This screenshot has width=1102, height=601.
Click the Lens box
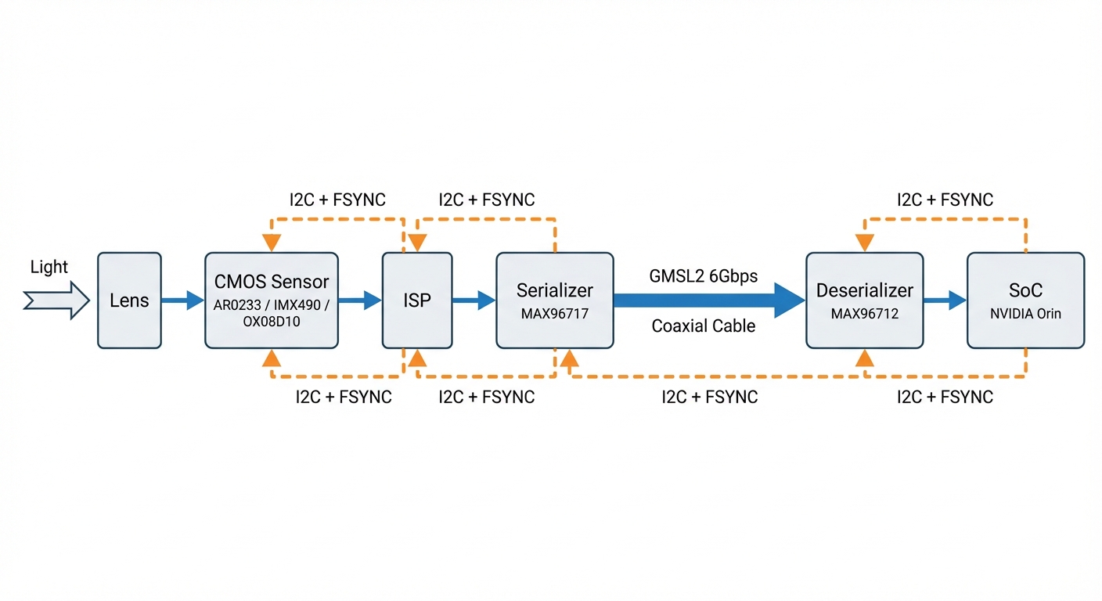point(129,300)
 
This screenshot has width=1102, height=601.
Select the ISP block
point(416,300)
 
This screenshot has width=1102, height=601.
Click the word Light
point(49,267)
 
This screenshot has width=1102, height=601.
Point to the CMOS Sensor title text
point(272,282)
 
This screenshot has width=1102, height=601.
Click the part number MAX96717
point(554,314)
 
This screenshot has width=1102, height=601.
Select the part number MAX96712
point(864,314)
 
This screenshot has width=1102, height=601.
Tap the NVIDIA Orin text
point(1025,314)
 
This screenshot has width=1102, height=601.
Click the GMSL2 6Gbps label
point(703,276)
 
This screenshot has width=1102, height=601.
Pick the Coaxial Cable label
point(703,326)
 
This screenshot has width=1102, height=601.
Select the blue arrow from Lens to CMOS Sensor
point(182,300)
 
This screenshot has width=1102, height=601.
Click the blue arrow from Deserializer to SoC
point(945,300)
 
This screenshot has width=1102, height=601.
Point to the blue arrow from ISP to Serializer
point(474,300)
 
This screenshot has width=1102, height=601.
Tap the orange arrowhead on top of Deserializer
point(864,242)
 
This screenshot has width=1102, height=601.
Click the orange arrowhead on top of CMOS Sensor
point(272,242)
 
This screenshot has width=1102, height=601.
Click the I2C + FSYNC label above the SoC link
point(945,200)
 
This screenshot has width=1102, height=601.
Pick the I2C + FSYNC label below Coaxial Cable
point(709,397)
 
